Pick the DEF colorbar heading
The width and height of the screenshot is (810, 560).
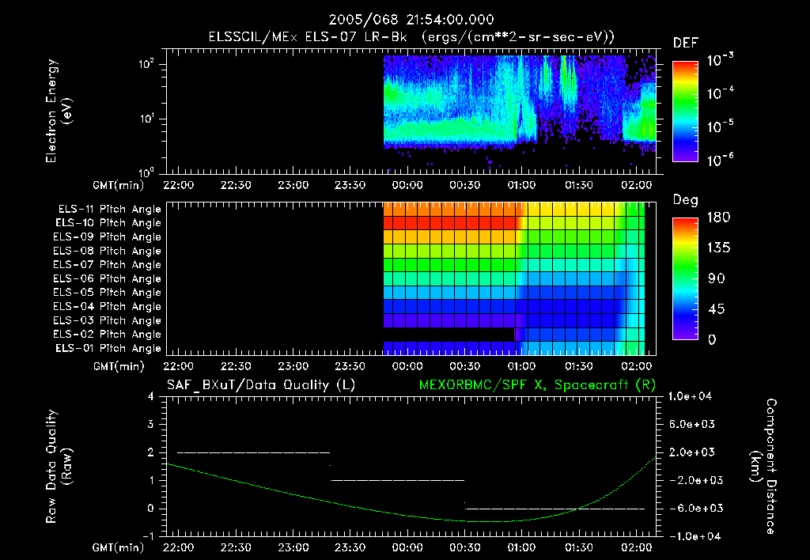coord(685,43)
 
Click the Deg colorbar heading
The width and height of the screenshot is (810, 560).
coord(685,200)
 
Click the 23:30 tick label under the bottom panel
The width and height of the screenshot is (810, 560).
coord(349,547)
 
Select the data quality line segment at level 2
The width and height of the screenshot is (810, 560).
coord(253,452)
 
